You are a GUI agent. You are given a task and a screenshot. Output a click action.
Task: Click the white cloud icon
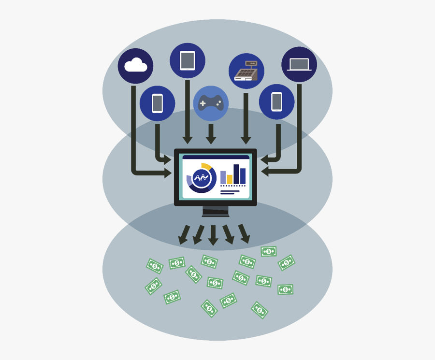click(135, 65)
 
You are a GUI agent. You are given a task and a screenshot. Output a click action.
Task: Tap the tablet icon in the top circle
click(188, 61)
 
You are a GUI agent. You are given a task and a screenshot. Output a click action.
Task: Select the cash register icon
click(246, 72)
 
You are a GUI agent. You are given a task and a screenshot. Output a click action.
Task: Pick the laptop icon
click(299, 64)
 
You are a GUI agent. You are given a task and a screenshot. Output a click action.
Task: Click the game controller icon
click(211, 103)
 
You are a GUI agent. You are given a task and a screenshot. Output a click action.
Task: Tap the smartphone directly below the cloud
click(158, 103)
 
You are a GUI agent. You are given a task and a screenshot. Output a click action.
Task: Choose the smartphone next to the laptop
click(276, 102)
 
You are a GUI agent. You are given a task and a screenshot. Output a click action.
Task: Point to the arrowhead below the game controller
click(211, 140)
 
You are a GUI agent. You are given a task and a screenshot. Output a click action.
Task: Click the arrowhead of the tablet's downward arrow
click(188, 140)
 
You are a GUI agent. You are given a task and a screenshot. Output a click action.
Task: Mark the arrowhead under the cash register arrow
click(246, 140)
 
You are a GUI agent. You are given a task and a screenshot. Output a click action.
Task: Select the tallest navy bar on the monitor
click(236, 174)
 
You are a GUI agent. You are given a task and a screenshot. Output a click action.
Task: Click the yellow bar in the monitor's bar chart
click(230, 179)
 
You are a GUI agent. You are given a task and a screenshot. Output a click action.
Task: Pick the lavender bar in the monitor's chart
click(223, 177)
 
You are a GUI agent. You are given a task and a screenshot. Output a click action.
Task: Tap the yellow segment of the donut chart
click(207, 167)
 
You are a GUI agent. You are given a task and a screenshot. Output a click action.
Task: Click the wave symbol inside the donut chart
click(201, 178)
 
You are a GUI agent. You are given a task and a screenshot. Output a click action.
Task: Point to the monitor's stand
click(216, 212)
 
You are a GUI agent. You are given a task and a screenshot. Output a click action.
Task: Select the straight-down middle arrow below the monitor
click(213, 236)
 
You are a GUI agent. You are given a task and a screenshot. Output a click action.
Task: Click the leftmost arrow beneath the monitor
click(184, 235)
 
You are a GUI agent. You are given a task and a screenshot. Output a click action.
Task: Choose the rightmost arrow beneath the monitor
click(244, 234)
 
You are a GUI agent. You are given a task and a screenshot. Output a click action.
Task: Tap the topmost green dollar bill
click(269, 251)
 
